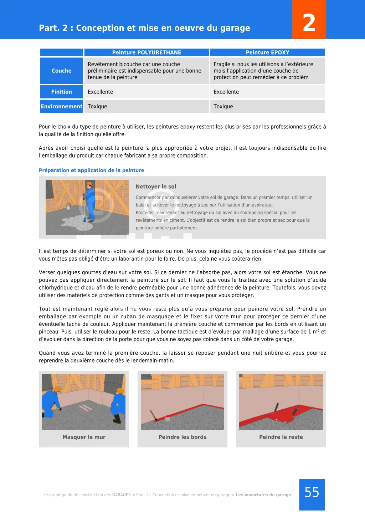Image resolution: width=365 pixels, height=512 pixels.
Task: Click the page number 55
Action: (312, 493)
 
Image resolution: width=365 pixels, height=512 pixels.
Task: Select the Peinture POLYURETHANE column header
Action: (146, 52)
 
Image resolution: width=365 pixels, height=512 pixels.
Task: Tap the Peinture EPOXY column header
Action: (267, 52)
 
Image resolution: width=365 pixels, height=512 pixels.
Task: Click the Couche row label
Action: (62, 71)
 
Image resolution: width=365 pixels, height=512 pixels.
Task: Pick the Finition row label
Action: (62, 92)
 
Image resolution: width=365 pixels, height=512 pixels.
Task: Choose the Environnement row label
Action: (62, 106)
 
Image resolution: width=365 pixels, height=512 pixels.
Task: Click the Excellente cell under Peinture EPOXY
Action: (226, 92)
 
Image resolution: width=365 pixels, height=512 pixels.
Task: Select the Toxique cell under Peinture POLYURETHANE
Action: (97, 106)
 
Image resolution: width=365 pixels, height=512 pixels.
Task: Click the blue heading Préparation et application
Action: (91, 170)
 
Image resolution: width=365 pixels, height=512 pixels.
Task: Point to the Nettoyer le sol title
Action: (156, 186)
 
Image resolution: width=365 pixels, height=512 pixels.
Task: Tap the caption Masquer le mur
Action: (84, 437)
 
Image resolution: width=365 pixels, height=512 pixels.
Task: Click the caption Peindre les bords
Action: (182, 437)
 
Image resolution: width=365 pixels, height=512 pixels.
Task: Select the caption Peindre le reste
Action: (281, 437)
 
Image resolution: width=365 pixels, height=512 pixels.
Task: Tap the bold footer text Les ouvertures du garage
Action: (263, 495)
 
